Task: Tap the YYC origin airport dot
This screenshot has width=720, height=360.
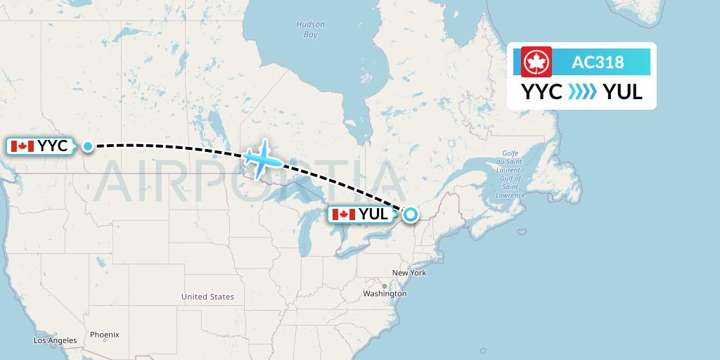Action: (x=88, y=146)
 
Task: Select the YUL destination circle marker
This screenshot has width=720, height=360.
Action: (x=409, y=214)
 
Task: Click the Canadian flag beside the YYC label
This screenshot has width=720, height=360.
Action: (x=22, y=146)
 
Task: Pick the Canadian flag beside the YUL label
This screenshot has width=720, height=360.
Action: (x=343, y=214)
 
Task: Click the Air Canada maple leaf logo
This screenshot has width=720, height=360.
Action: (x=536, y=62)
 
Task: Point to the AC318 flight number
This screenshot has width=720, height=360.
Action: (x=598, y=62)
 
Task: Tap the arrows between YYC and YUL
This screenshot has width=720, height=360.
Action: (x=582, y=92)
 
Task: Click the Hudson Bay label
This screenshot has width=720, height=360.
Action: (x=310, y=29)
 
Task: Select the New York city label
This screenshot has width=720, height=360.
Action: (x=409, y=273)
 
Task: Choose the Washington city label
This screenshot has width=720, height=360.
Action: (x=385, y=293)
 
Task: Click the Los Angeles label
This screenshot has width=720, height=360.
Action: (x=56, y=340)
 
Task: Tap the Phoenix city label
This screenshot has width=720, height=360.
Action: (x=104, y=335)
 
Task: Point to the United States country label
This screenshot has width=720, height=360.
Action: (x=207, y=297)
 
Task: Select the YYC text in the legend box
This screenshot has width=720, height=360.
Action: (x=541, y=92)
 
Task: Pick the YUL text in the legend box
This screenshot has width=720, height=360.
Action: (x=623, y=92)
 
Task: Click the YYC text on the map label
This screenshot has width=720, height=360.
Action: (x=53, y=146)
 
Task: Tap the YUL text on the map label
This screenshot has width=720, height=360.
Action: (x=373, y=214)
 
